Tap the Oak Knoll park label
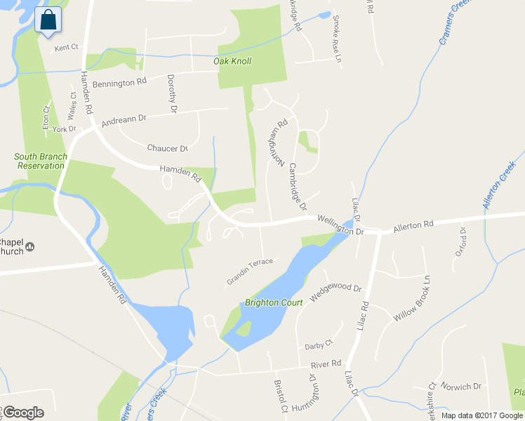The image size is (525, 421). (232, 61)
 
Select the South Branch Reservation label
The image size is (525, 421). (41, 161)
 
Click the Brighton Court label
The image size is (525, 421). (274, 303)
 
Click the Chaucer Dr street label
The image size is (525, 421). (168, 148)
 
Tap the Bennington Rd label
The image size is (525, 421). (119, 82)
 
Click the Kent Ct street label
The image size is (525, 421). (65, 48)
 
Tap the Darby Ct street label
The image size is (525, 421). (319, 346)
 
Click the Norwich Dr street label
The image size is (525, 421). (467, 386)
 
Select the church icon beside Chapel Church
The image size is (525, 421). (30, 246)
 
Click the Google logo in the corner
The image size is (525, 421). (23, 413)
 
